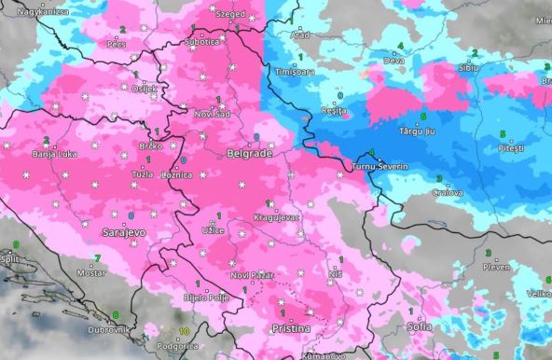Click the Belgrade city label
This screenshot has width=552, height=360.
pyautogui.click(x=249, y=152)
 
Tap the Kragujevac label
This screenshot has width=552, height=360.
pyautogui.click(x=276, y=216)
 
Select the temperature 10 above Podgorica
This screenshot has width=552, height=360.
pyautogui.click(x=185, y=332)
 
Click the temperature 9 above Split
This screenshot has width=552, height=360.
pyautogui.click(x=16, y=244)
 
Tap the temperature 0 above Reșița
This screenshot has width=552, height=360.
pyautogui.click(x=339, y=96)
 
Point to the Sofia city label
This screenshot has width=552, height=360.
pyautogui.click(x=420, y=326)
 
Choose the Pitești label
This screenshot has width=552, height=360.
pyautogui.click(x=512, y=148)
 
